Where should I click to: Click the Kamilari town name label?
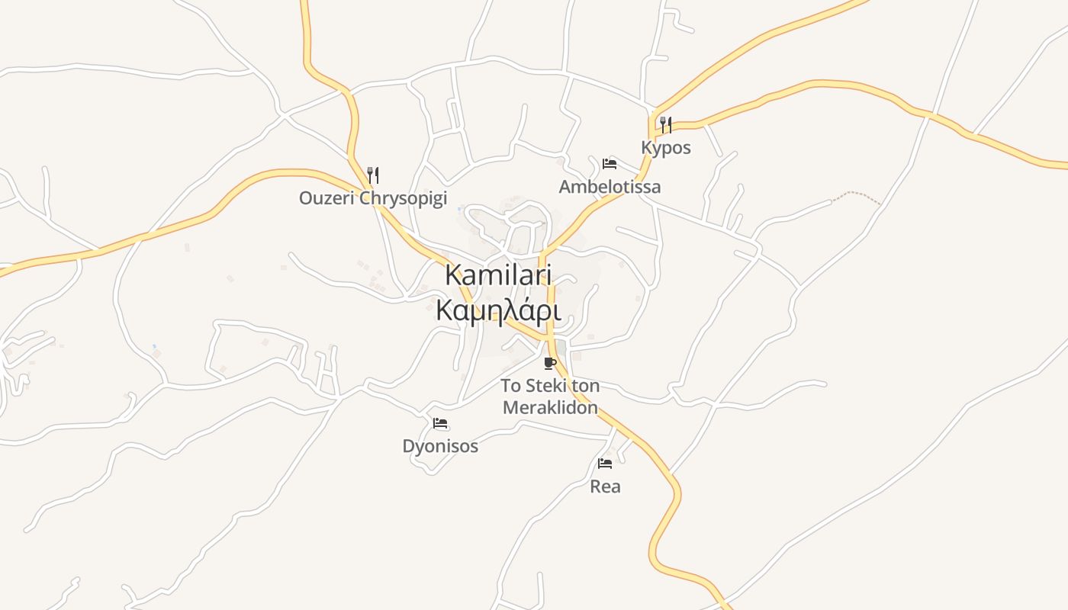[x=497, y=275]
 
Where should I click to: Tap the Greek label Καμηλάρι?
[x=497, y=311]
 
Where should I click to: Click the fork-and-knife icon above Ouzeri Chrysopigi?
[x=373, y=175]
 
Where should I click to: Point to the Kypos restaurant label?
[x=666, y=148]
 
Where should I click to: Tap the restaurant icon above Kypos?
[x=666, y=124]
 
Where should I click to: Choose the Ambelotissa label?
[x=610, y=187]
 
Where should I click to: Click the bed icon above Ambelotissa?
[x=609, y=163]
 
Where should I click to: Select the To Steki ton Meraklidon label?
[x=550, y=396]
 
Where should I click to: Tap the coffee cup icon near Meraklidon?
[x=550, y=363]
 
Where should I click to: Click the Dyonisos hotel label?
[x=440, y=446]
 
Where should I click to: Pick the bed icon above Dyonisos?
[x=440, y=423]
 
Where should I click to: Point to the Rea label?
[x=605, y=486]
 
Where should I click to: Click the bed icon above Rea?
[x=605, y=464]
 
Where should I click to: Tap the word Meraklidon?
[x=550, y=408]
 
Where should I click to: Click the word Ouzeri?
[x=326, y=198]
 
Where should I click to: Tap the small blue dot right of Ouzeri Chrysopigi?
[x=459, y=208]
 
